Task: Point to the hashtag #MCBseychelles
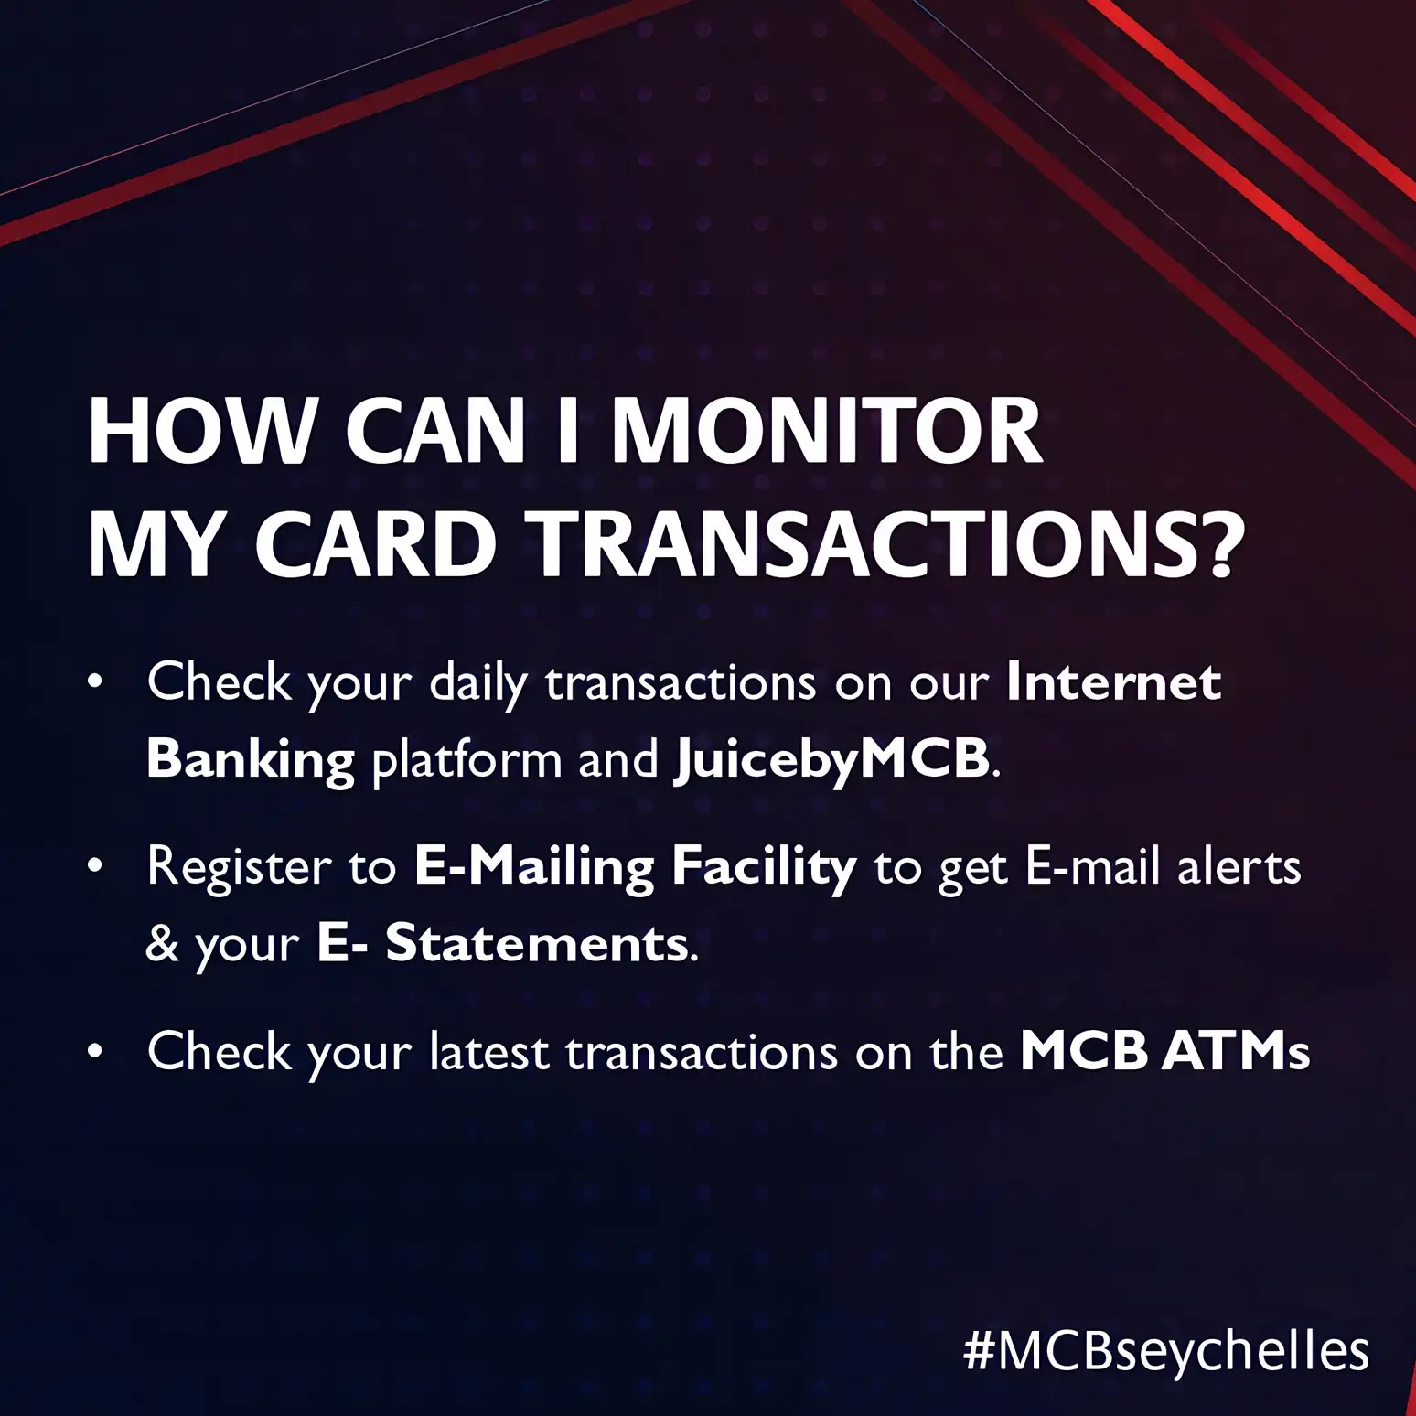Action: point(1166,1350)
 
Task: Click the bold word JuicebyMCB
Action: point(831,761)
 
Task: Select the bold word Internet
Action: point(1113,682)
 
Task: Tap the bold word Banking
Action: point(250,761)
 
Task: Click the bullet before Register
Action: point(94,867)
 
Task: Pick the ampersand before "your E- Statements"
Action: point(162,944)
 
